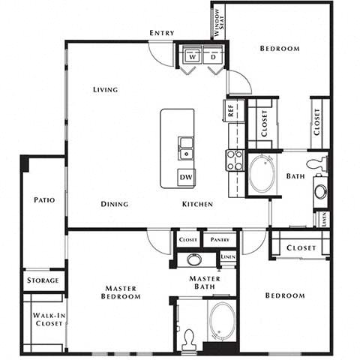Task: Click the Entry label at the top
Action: click(162, 33)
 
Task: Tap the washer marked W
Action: click(192, 57)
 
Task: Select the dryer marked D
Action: click(214, 57)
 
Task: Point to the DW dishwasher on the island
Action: click(185, 177)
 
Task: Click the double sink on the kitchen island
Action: click(185, 148)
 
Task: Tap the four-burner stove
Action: click(235, 159)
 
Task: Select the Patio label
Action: click(43, 200)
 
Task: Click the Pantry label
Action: click(220, 239)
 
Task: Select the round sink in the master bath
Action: click(194, 260)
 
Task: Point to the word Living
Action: click(106, 90)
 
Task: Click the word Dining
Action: click(115, 204)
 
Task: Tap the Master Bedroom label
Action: click(123, 292)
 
